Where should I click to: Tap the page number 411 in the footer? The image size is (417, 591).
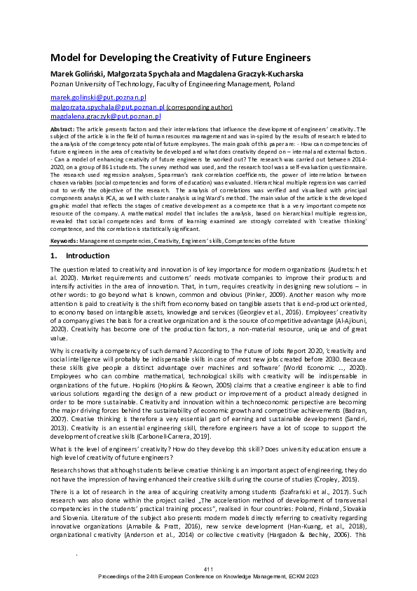point(208,567)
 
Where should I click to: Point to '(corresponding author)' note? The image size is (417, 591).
point(199,107)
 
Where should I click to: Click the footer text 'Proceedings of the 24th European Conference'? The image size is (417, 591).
point(208,575)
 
